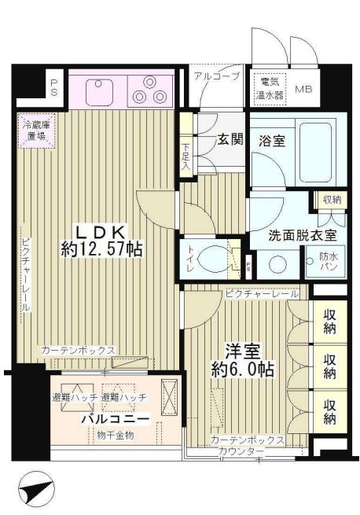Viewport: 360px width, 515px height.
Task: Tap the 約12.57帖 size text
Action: [x=102, y=250]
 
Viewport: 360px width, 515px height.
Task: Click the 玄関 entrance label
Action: [x=229, y=141]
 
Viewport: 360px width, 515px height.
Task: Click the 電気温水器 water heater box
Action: [x=270, y=86]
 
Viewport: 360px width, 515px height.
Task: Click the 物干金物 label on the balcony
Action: [x=116, y=435]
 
